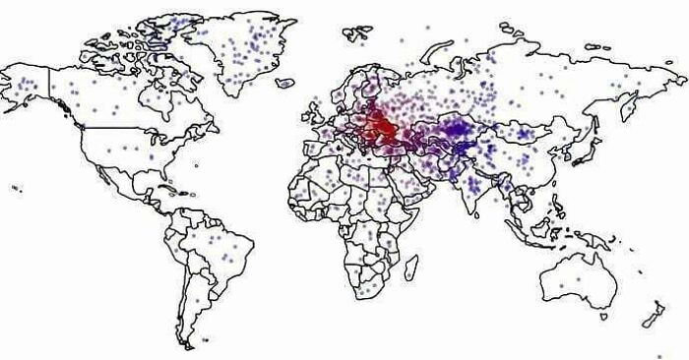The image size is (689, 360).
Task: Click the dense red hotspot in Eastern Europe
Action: point(379,125)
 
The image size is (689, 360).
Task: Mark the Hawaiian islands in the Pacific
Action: point(17,188)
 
